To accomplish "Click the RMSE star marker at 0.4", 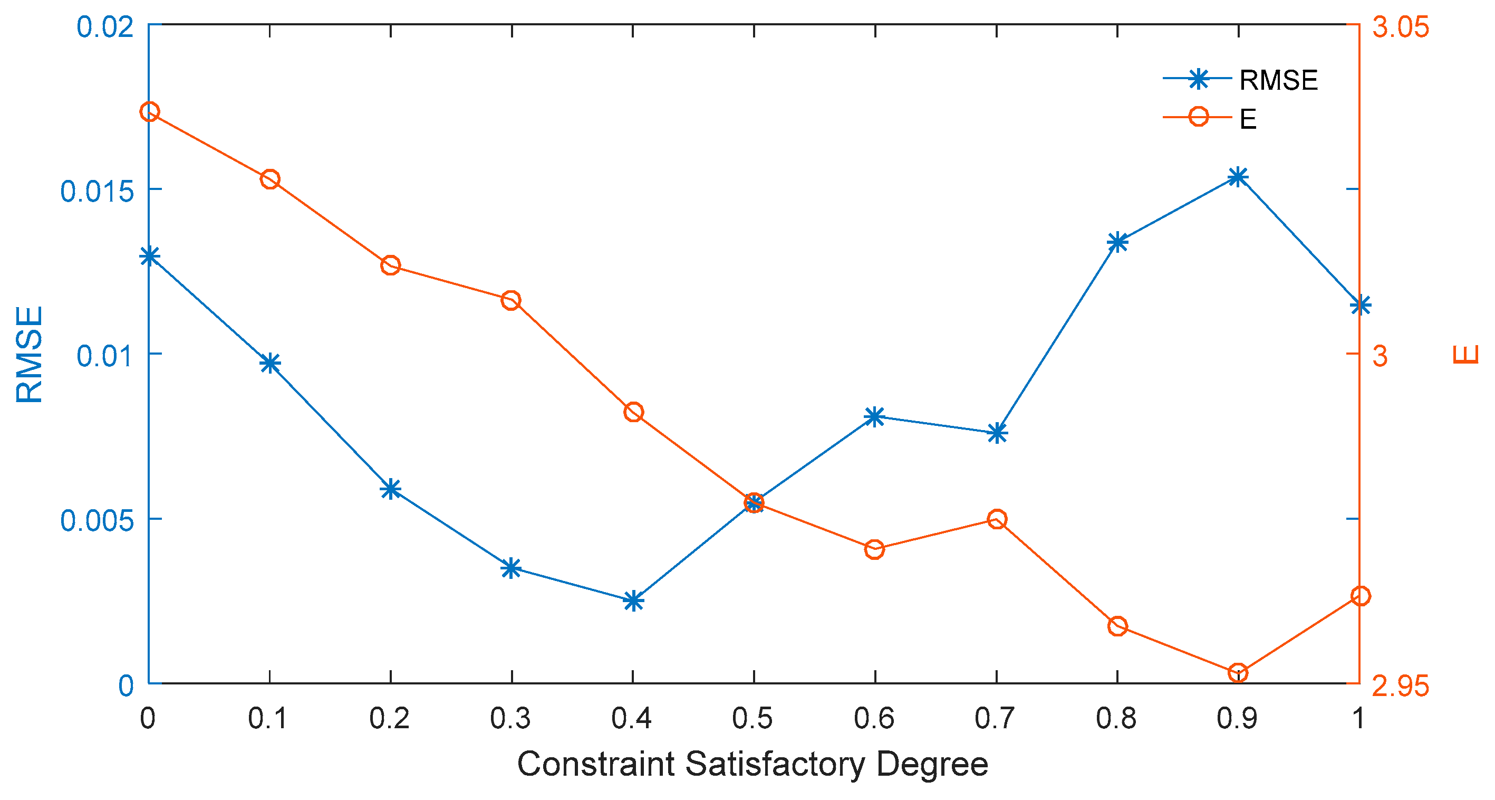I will [x=633, y=601].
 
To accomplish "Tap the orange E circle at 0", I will [x=150, y=111].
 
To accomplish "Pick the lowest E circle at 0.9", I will [x=1238, y=673].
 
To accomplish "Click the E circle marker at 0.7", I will [x=997, y=519].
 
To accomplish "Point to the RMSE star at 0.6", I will [x=875, y=416].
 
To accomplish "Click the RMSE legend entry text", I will [x=1278, y=80].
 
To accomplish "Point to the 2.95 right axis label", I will [x=1401, y=686].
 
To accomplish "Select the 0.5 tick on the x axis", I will [x=753, y=719].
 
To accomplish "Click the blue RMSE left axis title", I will [x=29, y=354].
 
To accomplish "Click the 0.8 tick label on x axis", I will [x=1116, y=719].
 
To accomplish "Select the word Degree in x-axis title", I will [x=932, y=764].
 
